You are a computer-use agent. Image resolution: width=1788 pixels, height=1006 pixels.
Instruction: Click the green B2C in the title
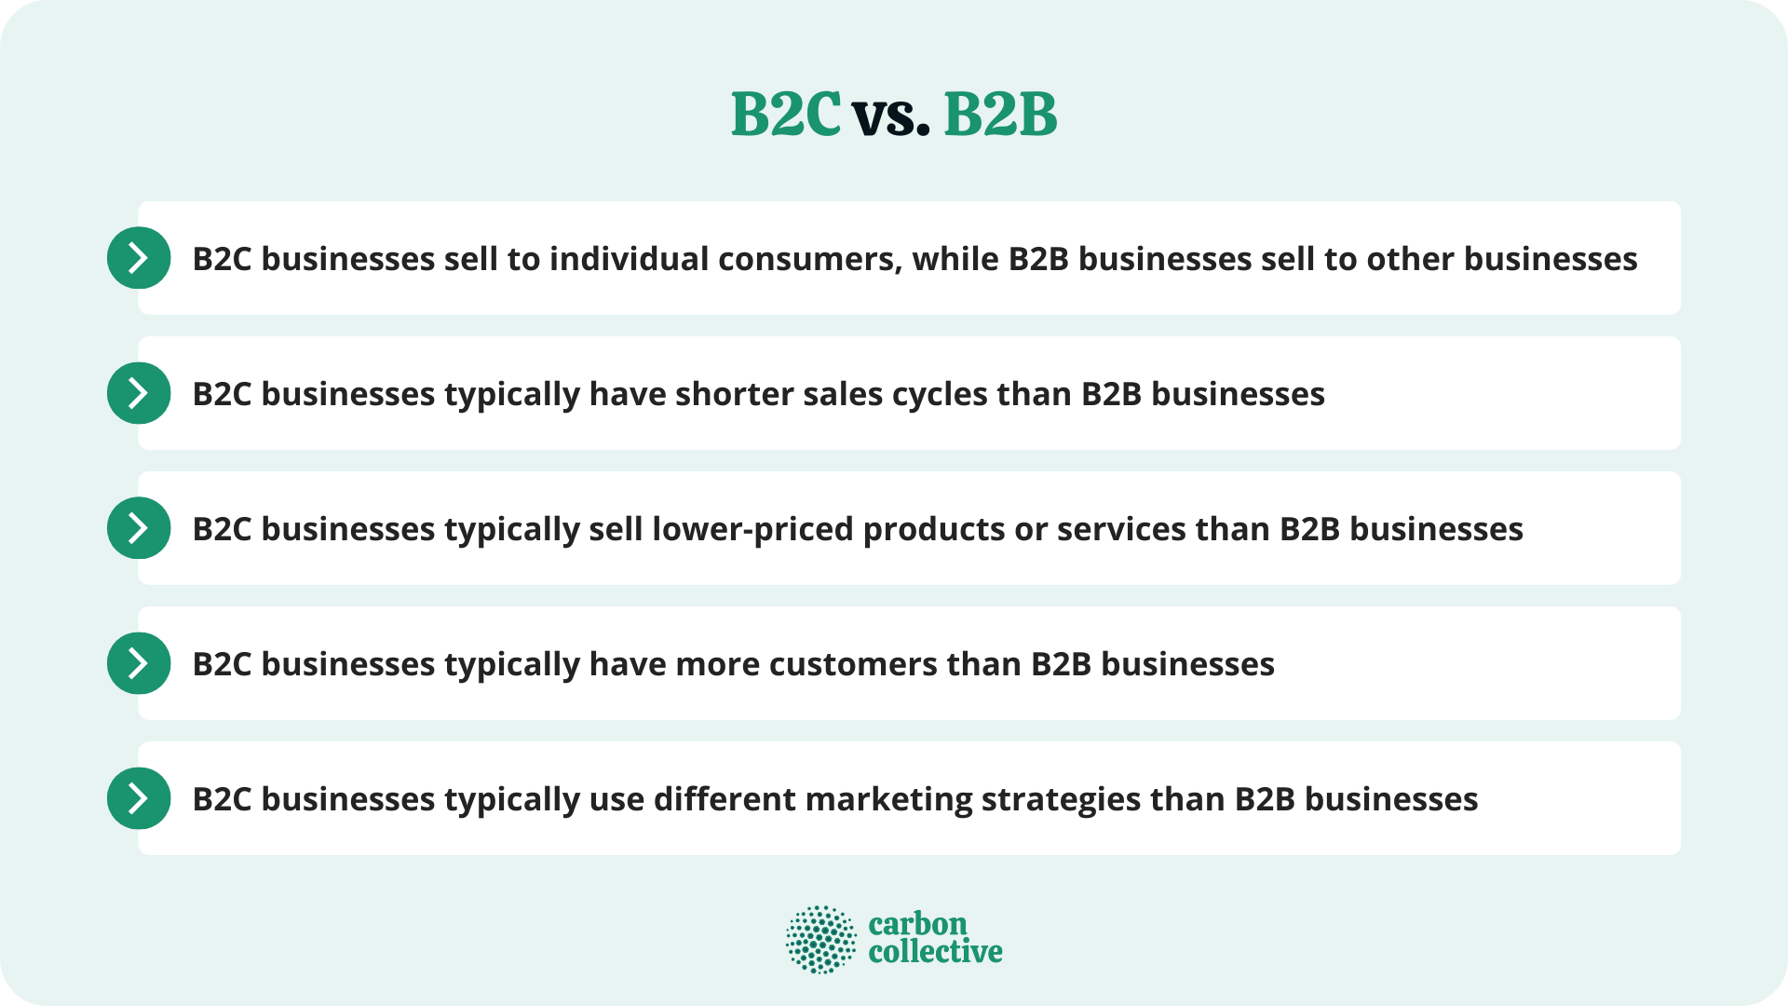click(785, 116)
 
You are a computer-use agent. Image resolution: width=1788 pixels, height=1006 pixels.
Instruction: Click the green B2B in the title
click(1000, 116)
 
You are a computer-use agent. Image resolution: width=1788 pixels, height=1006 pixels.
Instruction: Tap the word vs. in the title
click(891, 117)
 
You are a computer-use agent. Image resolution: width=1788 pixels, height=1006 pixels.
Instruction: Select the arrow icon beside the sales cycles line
click(139, 393)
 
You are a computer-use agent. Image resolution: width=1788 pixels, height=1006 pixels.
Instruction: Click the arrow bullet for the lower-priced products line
click(139, 528)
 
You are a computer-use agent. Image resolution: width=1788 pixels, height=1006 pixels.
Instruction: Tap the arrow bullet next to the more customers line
click(139, 663)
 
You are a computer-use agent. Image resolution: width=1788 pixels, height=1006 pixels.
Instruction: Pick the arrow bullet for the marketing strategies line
click(139, 798)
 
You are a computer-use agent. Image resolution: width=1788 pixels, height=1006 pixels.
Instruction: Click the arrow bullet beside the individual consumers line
click(139, 258)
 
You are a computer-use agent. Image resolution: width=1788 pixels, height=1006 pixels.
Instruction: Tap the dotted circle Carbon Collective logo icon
click(820, 939)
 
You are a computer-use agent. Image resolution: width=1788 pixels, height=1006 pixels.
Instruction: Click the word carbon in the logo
click(917, 924)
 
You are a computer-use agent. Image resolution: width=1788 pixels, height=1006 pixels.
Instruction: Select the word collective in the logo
click(935, 952)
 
